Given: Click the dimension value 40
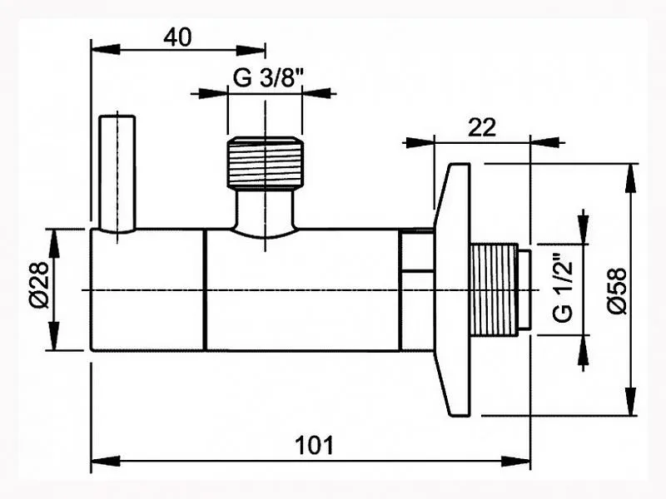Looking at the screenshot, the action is [x=177, y=37].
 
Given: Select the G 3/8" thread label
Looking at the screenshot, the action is [x=268, y=77].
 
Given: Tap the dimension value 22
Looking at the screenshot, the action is [x=482, y=127].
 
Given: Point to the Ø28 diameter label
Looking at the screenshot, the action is [x=39, y=284].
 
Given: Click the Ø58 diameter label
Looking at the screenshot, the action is [x=617, y=290].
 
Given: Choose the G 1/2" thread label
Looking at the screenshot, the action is [x=564, y=288].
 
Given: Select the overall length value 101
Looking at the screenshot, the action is [x=315, y=445].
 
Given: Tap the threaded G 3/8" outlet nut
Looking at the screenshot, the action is [x=265, y=162].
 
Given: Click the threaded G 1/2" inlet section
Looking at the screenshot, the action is [x=494, y=289].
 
